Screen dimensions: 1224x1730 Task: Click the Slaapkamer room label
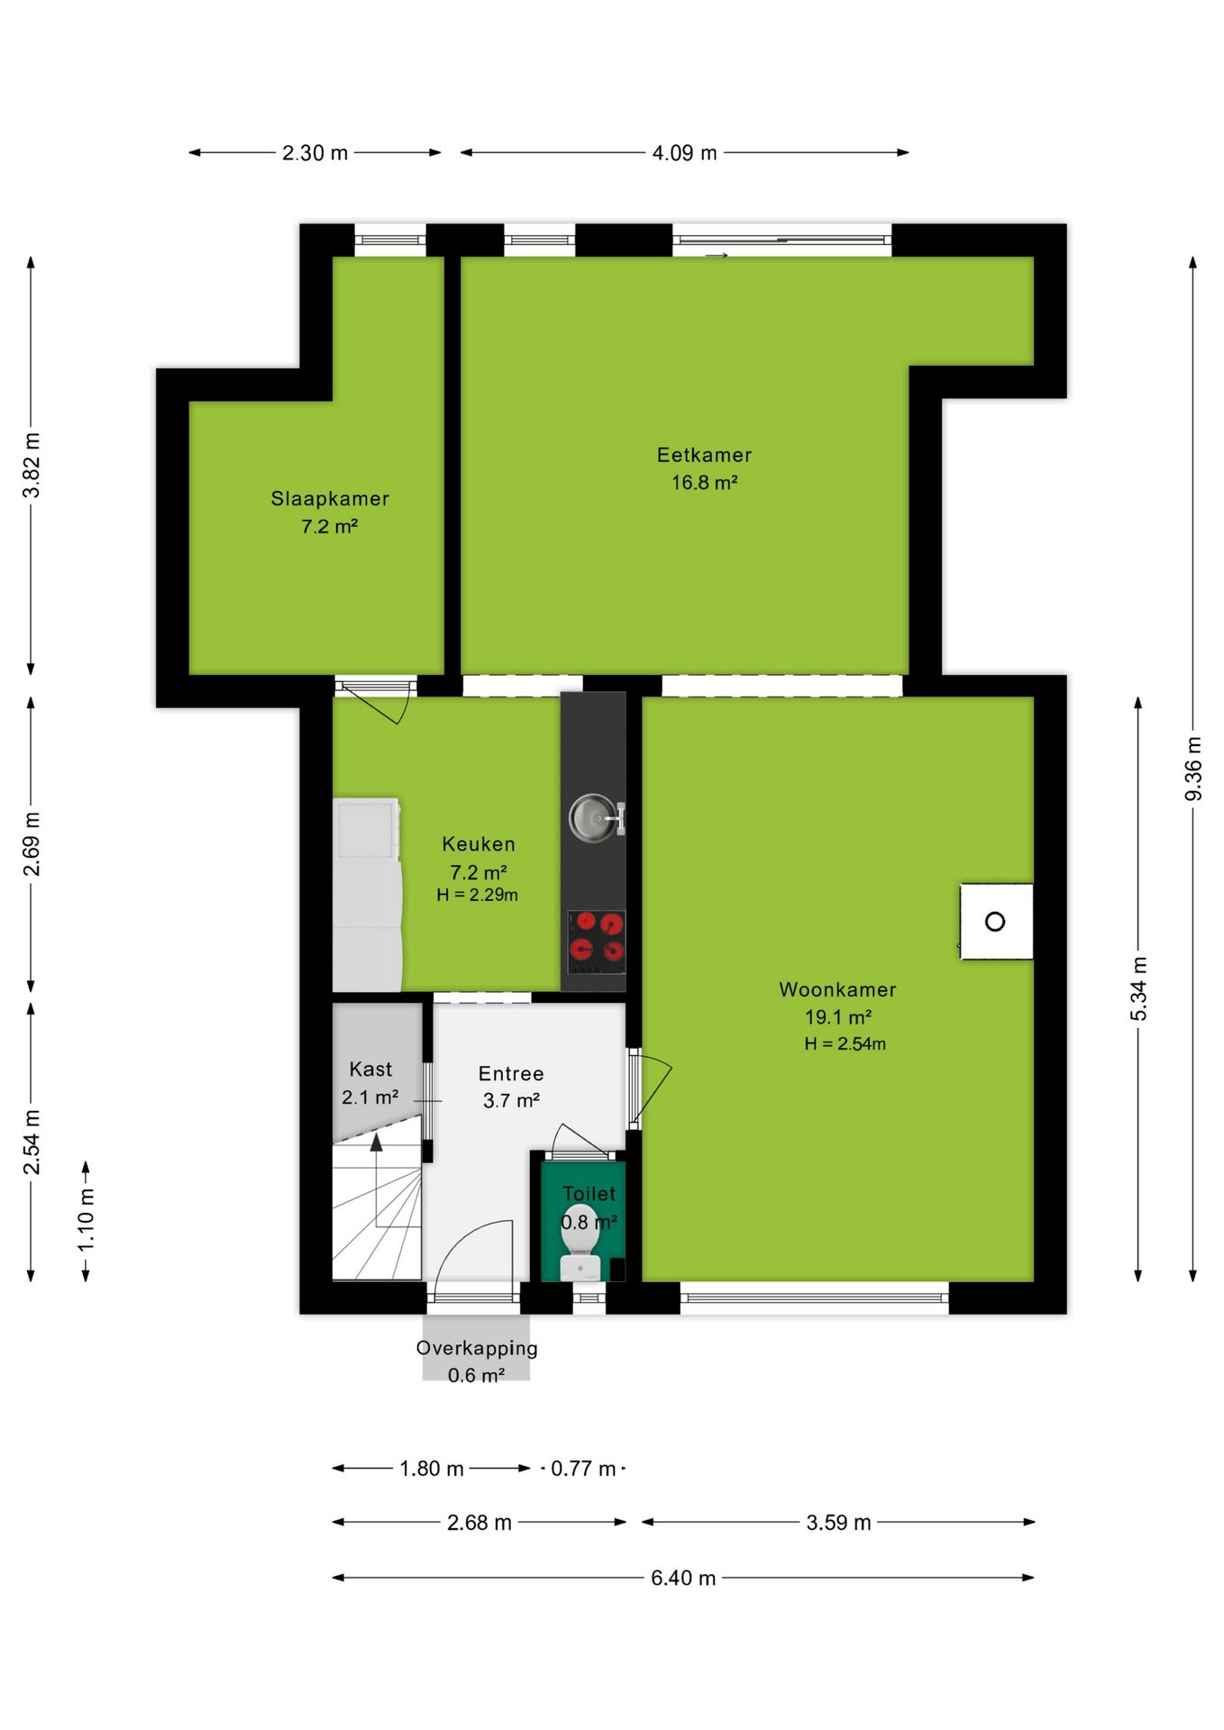click(330, 498)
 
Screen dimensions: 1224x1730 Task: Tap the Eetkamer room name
click(704, 455)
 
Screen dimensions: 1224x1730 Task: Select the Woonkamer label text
click(837, 989)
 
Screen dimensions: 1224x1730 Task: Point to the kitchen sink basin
click(592, 818)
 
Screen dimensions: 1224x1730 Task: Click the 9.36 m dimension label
click(1193, 768)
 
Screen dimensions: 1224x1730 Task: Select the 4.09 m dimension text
click(685, 153)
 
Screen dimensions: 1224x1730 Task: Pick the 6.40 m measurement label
click(683, 1578)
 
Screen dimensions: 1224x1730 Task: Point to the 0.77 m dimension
click(583, 1469)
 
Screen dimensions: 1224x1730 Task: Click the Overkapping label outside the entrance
click(477, 1348)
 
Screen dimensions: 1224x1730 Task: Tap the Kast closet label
click(370, 1070)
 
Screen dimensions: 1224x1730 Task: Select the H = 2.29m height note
click(478, 895)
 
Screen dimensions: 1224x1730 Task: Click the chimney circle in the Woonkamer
click(995, 922)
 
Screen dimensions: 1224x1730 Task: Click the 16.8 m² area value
click(705, 483)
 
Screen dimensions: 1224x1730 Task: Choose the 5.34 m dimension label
click(1139, 988)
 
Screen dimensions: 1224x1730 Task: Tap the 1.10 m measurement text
click(86, 1219)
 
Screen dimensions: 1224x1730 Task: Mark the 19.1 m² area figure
click(838, 1017)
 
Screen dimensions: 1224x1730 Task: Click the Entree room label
click(511, 1074)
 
